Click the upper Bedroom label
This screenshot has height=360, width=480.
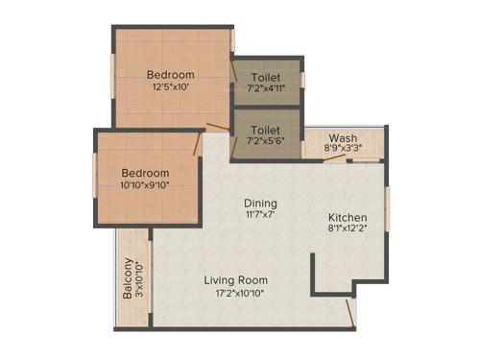(170, 75)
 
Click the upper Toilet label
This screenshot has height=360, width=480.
(266, 77)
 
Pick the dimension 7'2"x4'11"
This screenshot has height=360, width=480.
(266, 90)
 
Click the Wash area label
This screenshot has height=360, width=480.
(343, 137)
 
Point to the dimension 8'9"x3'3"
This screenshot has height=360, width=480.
(343, 150)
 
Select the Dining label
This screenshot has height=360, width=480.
(260, 204)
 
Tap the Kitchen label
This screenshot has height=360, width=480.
(347, 217)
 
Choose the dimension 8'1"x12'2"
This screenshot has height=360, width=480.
(347, 230)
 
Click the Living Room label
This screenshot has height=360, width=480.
(235, 280)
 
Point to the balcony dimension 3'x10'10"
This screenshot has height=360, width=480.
(140, 280)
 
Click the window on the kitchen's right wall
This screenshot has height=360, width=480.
(388, 210)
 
